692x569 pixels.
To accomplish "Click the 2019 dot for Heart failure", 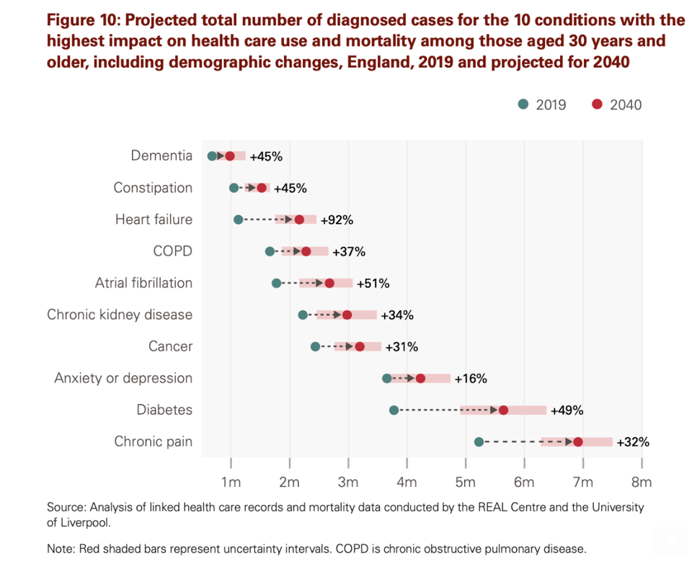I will point(239,219).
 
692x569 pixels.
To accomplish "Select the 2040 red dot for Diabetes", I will point(503,410).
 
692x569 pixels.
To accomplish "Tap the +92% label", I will point(337,220).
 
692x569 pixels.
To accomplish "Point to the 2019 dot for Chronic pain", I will point(479,442).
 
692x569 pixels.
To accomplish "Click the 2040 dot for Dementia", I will point(230,156).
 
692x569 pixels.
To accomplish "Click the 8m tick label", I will point(641,481).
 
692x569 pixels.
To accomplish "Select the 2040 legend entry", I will point(617,104).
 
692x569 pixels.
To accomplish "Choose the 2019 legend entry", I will point(542,104).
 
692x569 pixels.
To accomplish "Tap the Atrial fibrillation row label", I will point(143,283).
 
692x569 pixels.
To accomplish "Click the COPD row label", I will point(172,251).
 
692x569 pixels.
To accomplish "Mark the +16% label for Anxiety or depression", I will point(471,378).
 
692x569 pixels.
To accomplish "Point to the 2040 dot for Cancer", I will point(360,346).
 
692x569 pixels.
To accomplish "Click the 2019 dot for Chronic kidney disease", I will point(303,315).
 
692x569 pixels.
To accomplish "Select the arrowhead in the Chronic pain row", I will point(569,442).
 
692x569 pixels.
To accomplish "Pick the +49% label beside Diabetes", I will point(567,411).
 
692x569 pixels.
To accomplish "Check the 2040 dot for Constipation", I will point(262,188).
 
